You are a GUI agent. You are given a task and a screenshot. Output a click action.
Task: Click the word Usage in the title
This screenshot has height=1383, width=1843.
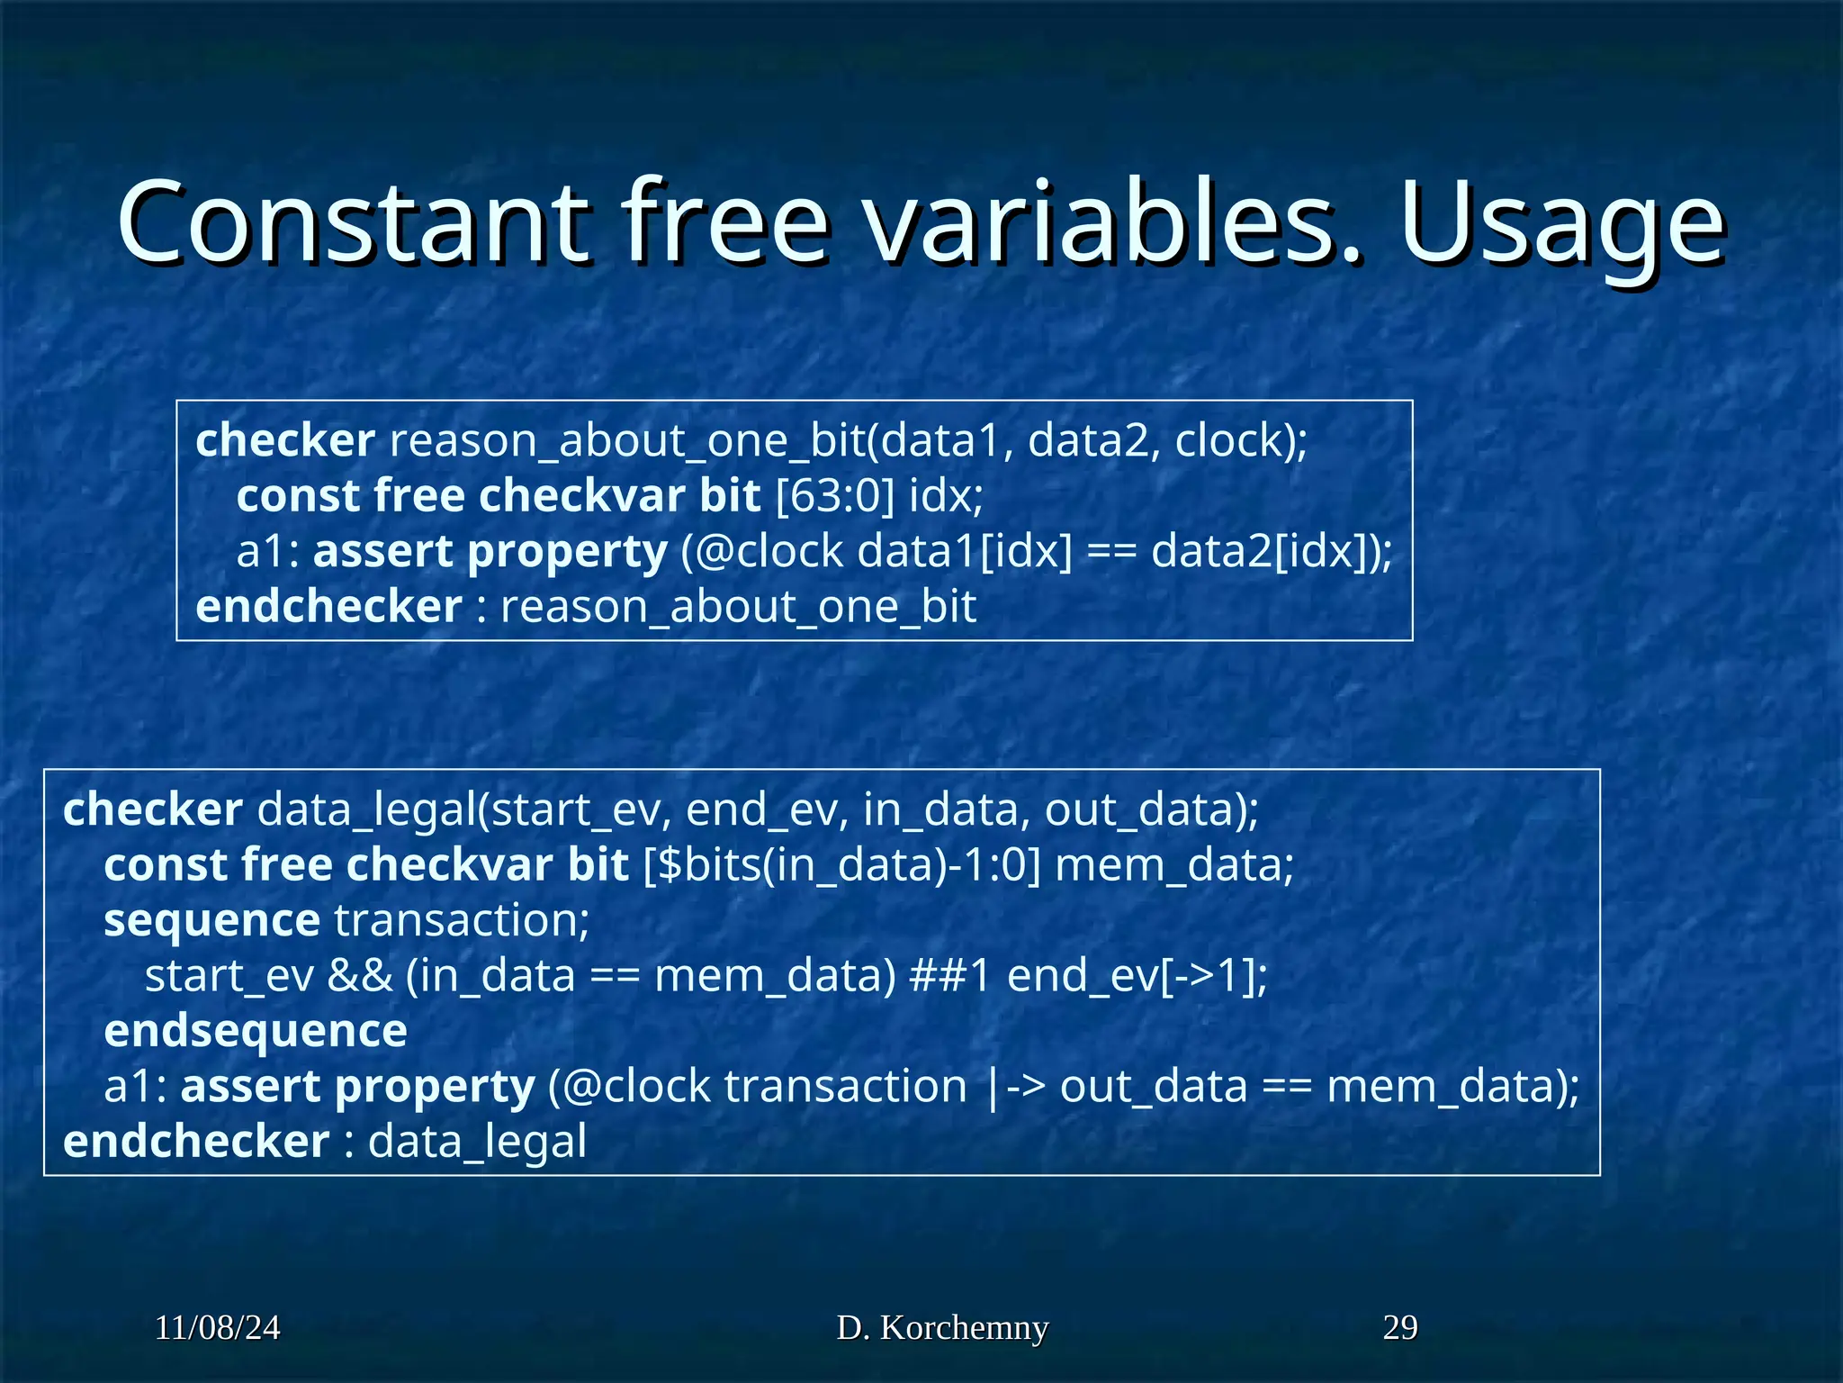[x=1561, y=222]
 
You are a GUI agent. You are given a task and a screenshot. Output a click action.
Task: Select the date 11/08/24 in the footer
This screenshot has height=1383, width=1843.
[x=217, y=1327]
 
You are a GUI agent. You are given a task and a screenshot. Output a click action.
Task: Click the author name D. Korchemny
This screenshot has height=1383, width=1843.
[x=942, y=1327]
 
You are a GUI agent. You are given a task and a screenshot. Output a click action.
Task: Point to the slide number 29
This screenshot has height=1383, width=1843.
[x=1399, y=1327]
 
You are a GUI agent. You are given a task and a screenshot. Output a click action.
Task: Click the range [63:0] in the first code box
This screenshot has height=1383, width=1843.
[x=835, y=496]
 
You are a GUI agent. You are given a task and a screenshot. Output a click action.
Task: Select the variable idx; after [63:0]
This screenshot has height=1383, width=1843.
[x=946, y=496]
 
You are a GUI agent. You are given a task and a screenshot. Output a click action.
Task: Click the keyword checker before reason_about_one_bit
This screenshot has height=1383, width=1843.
[x=284, y=440]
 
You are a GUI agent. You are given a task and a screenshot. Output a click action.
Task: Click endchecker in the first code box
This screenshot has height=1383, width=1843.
[x=328, y=607]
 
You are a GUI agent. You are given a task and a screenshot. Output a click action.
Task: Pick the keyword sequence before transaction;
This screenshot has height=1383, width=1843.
[x=211, y=920]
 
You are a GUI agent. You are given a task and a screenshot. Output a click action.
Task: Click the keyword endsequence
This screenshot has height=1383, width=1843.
[x=256, y=1031]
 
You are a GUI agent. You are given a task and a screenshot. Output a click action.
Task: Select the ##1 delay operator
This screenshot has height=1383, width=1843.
[x=949, y=976]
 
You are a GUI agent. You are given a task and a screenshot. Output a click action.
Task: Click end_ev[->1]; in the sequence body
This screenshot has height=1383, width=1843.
[x=1137, y=976]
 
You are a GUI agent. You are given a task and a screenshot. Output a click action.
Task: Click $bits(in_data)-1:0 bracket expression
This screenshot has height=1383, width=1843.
[x=842, y=865]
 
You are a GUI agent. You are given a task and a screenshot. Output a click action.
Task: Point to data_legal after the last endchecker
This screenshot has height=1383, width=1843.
[x=477, y=1142]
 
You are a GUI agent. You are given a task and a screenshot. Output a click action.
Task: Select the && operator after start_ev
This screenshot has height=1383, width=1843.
[x=360, y=976]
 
